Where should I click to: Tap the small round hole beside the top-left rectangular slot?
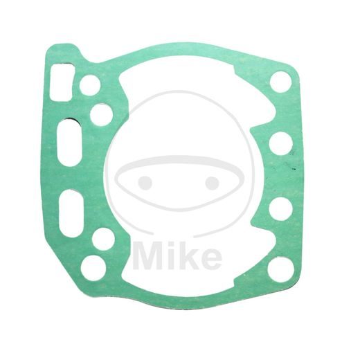(x=90, y=85)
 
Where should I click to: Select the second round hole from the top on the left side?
(x=101, y=114)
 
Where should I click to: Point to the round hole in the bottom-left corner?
(x=93, y=268)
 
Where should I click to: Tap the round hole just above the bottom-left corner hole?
(x=102, y=239)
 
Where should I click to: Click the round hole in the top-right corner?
(x=280, y=82)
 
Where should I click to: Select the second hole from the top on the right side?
(x=280, y=143)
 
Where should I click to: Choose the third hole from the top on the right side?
(x=280, y=208)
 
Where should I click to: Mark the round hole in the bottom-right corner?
(x=280, y=268)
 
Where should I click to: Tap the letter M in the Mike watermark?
(x=148, y=255)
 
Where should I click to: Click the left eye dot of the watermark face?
(x=145, y=183)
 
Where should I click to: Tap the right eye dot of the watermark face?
(x=212, y=183)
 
